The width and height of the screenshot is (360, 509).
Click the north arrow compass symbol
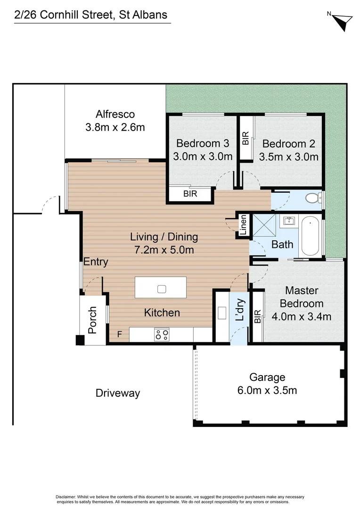pos(343,22)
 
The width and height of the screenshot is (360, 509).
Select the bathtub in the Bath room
pos(310,236)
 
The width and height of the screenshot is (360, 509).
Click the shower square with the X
pos(264,225)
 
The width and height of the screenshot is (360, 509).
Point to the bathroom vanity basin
pos(289,221)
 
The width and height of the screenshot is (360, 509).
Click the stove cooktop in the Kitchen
pos(162,335)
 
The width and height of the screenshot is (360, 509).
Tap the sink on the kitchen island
pos(162,289)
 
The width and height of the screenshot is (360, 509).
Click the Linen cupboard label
pos(243,225)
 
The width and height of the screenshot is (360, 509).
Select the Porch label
pos(92,320)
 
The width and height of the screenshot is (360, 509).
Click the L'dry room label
pos(239,310)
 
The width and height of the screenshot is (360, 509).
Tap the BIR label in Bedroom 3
pos(190,194)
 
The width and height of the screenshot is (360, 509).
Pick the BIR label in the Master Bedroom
pos(257,317)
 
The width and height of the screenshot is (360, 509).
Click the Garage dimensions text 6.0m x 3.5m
pos(267,390)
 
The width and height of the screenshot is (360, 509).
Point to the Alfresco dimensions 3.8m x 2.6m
pos(115,127)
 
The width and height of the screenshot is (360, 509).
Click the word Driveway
pos(118,394)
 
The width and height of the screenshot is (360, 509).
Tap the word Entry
pos(96,262)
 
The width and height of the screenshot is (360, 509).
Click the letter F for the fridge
pos(120,334)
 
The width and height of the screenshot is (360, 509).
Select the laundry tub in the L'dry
pos(222,313)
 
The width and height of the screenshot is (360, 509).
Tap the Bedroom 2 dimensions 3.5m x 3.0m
pos(288,157)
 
